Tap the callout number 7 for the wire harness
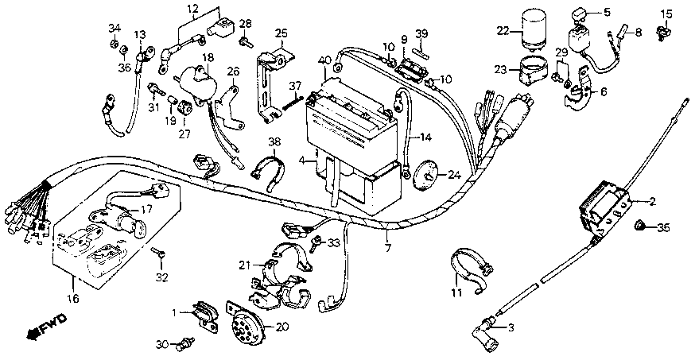click(388, 248)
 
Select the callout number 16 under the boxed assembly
click(73, 298)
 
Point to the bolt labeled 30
click(183, 344)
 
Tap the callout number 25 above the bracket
click(281, 33)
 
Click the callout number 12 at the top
click(193, 9)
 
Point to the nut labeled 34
click(113, 44)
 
